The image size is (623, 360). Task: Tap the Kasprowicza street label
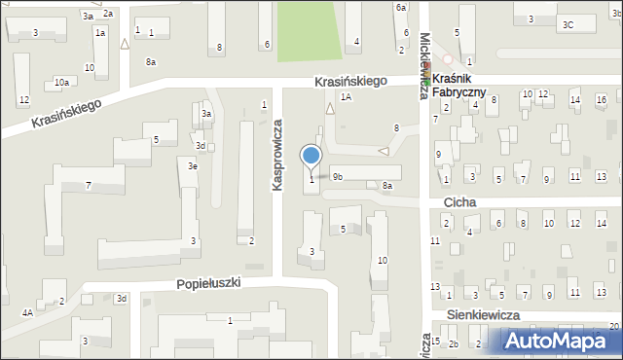277,155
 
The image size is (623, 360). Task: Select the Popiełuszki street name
207,283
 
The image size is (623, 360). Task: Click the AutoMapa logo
554,340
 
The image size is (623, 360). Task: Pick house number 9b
337,177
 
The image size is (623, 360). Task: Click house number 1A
346,97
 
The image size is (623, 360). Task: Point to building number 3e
193,166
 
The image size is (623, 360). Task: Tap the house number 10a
61,82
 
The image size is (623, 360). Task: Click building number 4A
27,312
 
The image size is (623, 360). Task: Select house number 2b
453,343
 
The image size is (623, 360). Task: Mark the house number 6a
400,8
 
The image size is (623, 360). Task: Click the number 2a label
108,14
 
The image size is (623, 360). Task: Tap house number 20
613,326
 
